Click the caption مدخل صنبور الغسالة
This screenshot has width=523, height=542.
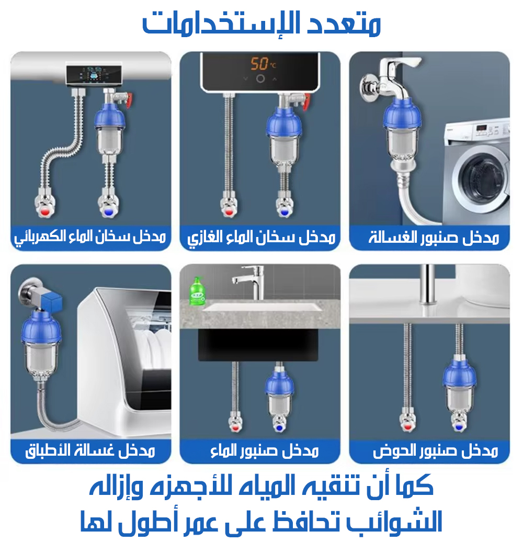(434, 238)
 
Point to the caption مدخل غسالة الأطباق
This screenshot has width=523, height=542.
(90, 451)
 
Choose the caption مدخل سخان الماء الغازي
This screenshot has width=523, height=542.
(261, 238)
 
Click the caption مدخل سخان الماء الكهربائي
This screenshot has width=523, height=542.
(90, 238)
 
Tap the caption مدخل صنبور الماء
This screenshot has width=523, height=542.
(264, 451)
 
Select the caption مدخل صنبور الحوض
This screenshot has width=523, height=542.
(435, 451)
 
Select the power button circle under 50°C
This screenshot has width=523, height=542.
(260, 79)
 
